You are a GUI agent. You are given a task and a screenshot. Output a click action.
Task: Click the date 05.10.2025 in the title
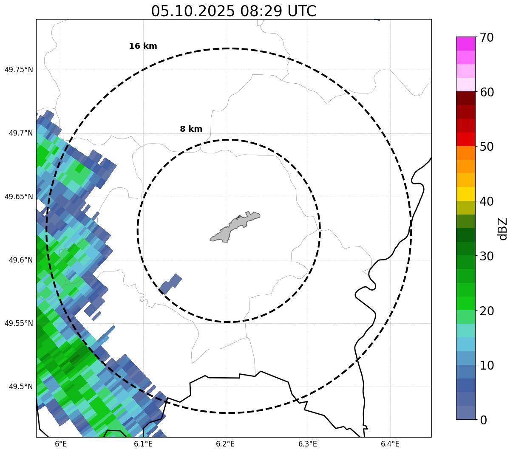pos(193,11)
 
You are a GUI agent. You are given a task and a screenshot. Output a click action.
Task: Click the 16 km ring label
pos(143,46)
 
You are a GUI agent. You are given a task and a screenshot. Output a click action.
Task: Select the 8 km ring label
pos(191,129)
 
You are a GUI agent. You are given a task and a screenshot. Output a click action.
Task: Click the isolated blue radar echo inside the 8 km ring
pos(170,284)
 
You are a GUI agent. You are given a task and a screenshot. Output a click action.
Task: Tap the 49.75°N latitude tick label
pos(18,70)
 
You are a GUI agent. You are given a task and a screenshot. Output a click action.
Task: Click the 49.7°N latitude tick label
pos(20,133)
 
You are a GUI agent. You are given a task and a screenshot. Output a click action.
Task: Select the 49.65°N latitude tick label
pos(18,197)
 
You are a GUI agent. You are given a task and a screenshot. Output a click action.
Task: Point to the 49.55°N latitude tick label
pos(18,323)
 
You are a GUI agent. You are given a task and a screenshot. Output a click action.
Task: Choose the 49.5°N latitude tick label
pos(20,387)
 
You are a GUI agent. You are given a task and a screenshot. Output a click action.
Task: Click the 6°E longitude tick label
pos(61,444)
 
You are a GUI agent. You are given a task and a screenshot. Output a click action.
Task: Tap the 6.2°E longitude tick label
pos(225,444)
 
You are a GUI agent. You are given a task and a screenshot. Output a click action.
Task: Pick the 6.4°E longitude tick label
pos(390,444)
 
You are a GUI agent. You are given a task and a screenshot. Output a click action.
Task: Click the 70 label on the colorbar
pos(486,37)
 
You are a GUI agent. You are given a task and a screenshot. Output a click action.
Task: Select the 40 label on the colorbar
pos(486,201)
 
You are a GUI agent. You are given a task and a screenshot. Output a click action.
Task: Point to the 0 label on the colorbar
pos(483,420)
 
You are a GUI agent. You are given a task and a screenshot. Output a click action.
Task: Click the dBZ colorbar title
pos(503,229)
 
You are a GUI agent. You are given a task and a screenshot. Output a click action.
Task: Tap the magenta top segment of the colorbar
pos(466,43)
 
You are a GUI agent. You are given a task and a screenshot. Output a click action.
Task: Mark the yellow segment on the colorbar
pos(466,194)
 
